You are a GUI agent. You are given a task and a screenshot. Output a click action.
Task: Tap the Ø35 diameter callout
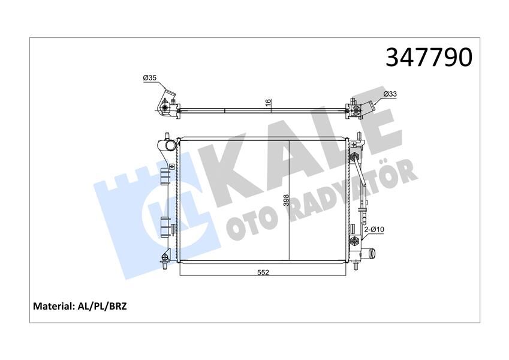(149, 78)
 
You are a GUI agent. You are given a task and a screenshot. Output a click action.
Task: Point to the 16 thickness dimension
(269, 103)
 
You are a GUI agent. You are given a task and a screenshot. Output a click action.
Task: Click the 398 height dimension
(287, 200)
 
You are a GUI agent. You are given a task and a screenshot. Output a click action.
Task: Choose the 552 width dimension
(263, 272)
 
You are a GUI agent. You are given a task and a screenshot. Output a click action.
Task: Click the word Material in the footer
(53, 306)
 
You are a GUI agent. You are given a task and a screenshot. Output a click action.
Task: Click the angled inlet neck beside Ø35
(170, 97)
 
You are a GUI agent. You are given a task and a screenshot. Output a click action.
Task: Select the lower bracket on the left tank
(165, 227)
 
